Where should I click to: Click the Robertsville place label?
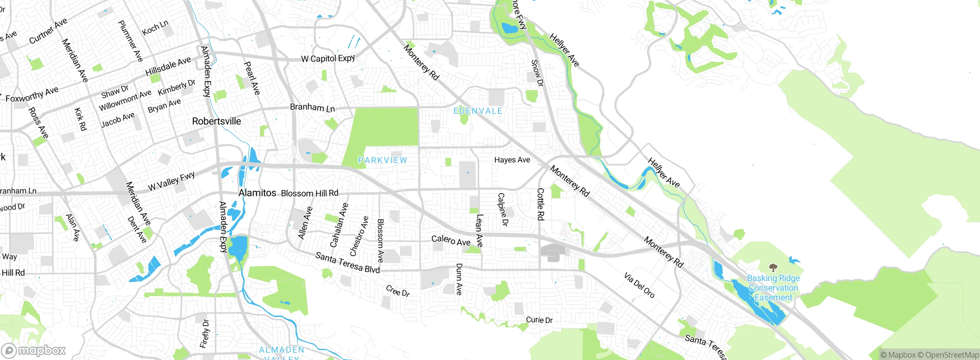click(216, 121)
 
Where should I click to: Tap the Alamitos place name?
click(257, 193)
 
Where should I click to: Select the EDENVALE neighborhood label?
click(477, 111)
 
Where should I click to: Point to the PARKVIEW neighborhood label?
click(382, 160)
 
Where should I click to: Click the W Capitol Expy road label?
click(328, 59)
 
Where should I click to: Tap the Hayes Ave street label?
click(512, 160)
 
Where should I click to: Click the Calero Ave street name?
click(451, 240)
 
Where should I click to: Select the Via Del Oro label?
click(639, 285)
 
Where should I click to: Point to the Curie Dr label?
click(539, 320)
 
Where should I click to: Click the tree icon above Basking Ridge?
click(773, 267)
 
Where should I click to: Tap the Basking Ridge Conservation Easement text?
click(773, 288)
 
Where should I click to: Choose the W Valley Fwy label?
click(171, 182)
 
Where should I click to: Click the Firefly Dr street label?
click(205, 333)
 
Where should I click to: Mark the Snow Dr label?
click(537, 73)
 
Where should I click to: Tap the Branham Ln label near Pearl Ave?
click(312, 108)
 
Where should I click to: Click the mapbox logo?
click(34, 350)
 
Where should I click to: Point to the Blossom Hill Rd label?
click(309, 193)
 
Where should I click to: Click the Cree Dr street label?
click(397, 291)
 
